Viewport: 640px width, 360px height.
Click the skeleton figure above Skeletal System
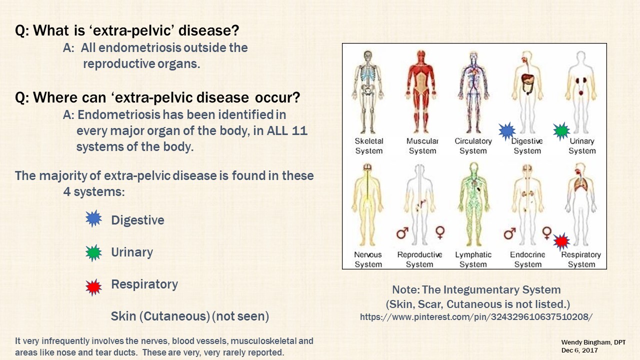tap(368, 92)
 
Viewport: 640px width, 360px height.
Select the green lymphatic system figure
tap(473, 204)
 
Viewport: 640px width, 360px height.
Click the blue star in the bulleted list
tap(93, 218)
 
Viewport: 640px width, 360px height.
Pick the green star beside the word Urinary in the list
tap(93, 253)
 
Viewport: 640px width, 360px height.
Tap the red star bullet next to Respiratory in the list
tap(93, 287)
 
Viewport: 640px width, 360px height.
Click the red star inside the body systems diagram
tap(561, 242)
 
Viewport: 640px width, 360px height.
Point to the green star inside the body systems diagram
tap(561, 131)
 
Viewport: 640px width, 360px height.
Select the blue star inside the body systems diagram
tap(507, 131)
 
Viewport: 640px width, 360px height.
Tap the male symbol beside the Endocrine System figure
tap(509, 233)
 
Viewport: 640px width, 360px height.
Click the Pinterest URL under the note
tap(476, 317)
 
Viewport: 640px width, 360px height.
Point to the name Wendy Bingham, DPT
tap(593, 342)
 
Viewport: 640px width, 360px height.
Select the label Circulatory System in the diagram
tap(473, 145)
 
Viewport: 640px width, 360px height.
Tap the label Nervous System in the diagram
tap(368, 259)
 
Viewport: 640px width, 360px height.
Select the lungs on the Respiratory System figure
tap(580, 184)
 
